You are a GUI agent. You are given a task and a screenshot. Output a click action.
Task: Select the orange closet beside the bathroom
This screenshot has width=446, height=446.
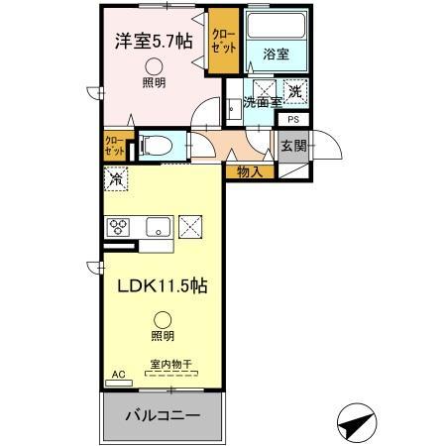223,44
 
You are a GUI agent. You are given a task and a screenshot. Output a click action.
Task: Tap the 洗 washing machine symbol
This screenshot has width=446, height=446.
294,92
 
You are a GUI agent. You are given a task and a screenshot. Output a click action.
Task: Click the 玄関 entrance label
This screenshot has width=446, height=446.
292,146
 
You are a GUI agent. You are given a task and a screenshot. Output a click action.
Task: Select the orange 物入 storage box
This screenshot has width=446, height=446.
250,172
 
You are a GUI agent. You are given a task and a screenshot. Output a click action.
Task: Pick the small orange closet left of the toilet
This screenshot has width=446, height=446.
114,147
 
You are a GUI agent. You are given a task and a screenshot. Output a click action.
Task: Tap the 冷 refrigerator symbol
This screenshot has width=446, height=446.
117,180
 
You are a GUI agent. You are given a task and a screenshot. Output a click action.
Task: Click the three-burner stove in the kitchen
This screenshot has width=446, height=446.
121,226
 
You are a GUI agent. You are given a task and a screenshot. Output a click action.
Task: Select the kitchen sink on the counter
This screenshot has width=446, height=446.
159,228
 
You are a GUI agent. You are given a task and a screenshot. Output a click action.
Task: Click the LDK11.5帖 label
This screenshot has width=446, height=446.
164,285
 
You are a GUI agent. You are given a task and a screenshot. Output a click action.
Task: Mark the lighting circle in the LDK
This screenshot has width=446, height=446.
162,319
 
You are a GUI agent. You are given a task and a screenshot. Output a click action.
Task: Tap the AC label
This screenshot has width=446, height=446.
118,375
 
